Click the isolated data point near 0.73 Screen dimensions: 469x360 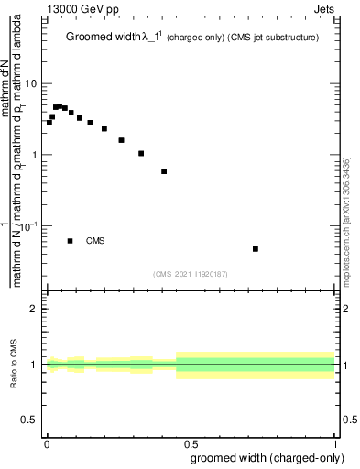(x=256, y=249)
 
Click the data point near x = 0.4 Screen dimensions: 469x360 (x=164, y=171)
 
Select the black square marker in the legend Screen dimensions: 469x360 (x=71, y=241)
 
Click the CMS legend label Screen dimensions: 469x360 (x=95, y=241)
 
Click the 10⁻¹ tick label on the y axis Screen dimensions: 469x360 (x=30, y=224)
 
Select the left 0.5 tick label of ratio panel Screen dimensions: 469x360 (x=30, y=420)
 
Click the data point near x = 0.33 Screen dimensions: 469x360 (x=141, y=153)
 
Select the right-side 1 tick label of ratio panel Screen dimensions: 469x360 (x=344, y=365)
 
